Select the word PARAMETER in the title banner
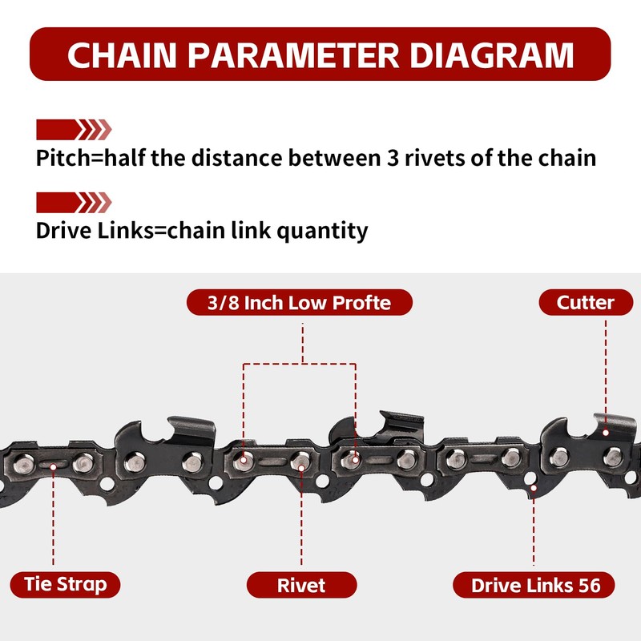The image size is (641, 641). click(291, 54)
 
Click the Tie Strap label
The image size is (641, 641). click(65, 584)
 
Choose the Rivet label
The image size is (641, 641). click(301, 585)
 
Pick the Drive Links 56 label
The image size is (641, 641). click(535, 585)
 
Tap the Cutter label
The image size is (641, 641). click(586, 302)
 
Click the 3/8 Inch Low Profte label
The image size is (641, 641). click(300, 302)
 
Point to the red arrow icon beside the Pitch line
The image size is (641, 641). click(74, 129)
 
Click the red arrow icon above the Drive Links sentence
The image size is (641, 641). click(74, 202)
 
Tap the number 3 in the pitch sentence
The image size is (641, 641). click(387, 157)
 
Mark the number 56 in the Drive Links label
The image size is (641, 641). click(588, 585)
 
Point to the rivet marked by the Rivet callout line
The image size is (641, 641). click(300, 460)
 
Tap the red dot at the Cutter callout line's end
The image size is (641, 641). click(607, 433)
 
